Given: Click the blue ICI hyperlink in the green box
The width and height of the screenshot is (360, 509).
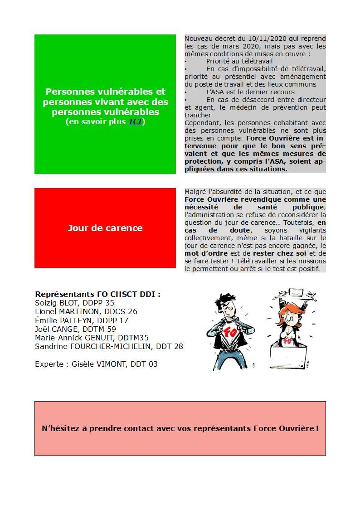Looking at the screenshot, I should pos(136,121).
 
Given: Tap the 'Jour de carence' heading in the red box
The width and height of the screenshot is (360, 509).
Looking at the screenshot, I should pos(105,228).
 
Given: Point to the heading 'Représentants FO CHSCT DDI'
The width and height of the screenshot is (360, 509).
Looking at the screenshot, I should pos(97,294).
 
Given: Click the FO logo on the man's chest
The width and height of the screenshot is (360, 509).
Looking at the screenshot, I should pos(230,331).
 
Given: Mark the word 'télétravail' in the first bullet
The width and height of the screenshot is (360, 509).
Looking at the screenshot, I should pos(255,61).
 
